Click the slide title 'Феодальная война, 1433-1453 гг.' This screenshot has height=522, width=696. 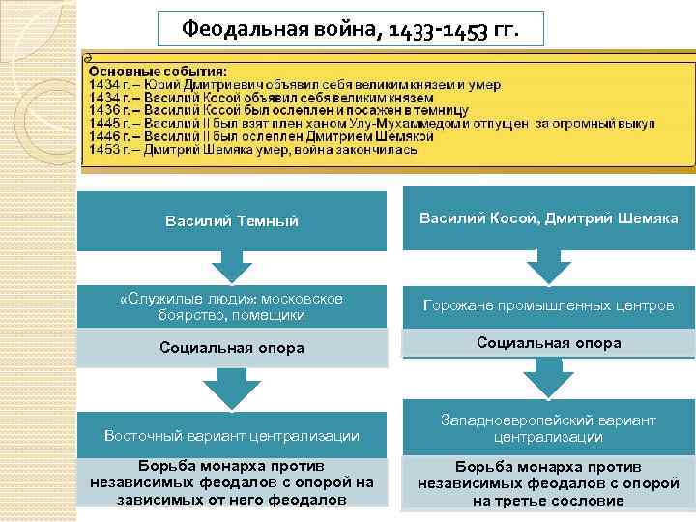350,29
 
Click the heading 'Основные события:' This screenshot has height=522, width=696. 158,71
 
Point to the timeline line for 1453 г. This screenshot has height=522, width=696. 253,150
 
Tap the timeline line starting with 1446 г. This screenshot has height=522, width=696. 261,136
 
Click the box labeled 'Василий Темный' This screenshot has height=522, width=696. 232,221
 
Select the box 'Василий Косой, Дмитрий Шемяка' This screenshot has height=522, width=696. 548,218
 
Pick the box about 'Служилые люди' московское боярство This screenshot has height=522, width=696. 232,306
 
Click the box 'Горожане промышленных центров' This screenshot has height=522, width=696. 548,305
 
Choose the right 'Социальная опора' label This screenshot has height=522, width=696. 548,343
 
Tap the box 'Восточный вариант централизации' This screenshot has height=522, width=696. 232,436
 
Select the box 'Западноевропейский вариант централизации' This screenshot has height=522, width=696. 548,428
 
